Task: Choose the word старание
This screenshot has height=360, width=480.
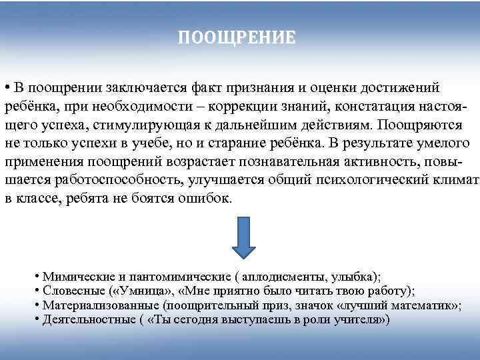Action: click(229, 143)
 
